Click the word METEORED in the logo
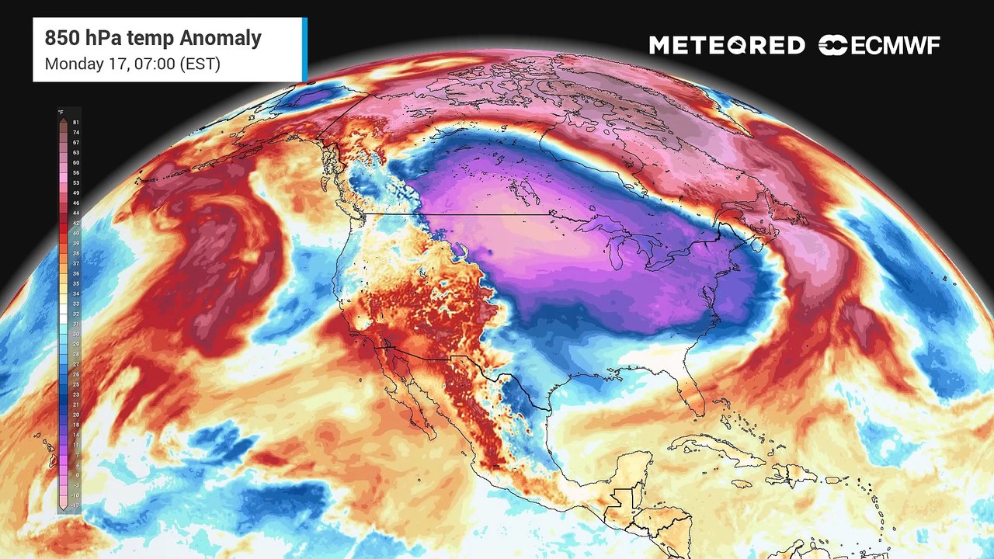727,46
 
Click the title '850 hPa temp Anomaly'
153,38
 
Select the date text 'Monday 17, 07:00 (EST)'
133,64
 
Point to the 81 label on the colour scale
75,123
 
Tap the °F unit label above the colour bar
61,113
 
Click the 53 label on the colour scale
75,182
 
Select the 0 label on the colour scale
75,474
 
